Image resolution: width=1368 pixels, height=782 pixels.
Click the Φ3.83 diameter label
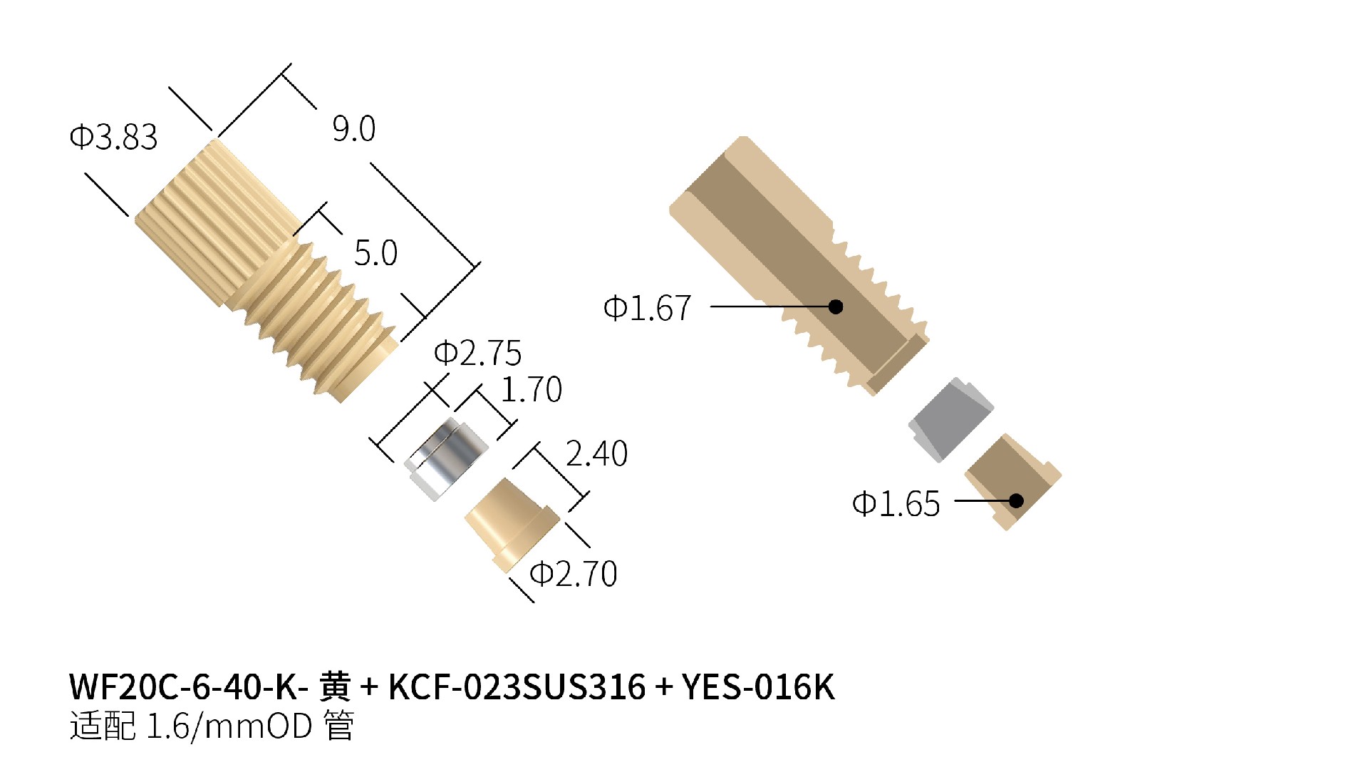click(x=113, y=137)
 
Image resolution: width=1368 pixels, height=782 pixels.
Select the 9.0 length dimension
click(x=353, y=129)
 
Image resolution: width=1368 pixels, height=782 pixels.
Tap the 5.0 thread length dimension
click(x=375, y=253)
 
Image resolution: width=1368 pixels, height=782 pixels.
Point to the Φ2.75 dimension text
click(x=478, y=353)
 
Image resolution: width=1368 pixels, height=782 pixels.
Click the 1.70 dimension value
click(x=532, y=390)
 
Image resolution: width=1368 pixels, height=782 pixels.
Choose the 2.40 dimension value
click(x=596, y=453)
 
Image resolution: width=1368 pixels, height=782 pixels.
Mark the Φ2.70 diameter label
click(x=574, y=574)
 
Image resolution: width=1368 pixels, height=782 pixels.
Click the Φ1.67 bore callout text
click(x=647, y=308)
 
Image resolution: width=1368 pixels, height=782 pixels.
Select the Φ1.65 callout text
click(x=896, y=504)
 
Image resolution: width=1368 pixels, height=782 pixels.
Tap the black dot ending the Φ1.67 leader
click(x=836, y=307)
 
